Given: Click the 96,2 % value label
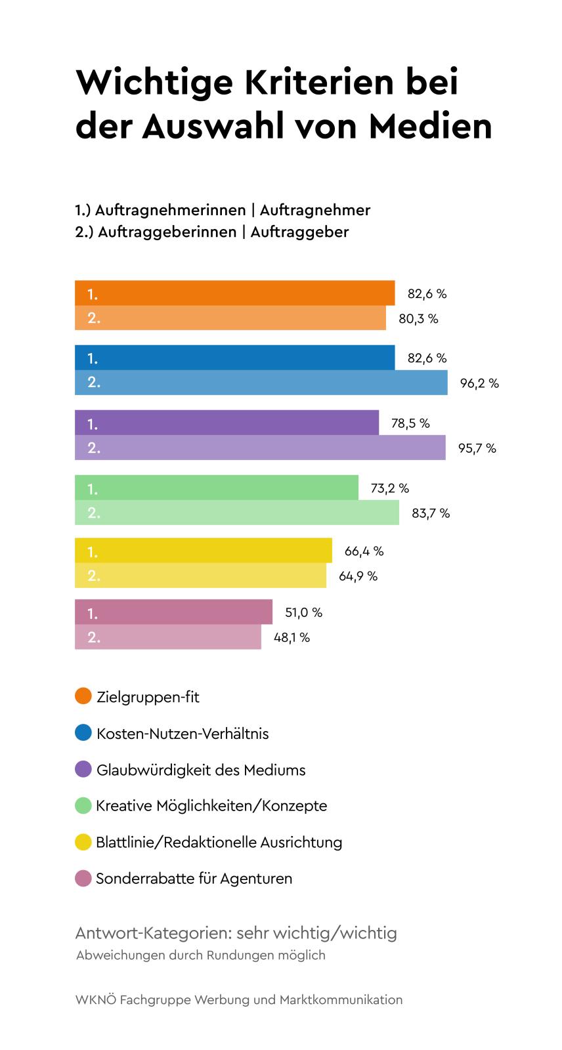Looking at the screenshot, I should point(479,383).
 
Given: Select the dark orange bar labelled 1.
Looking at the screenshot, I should point(234,293).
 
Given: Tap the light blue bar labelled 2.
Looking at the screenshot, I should point(261,383).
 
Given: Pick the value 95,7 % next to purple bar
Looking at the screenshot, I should point(477,449).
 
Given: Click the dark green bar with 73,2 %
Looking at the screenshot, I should point(216,488).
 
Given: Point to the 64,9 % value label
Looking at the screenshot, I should point(358,576).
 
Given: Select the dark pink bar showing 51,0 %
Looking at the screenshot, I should point(173,612).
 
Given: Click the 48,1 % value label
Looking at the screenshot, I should point(292,638).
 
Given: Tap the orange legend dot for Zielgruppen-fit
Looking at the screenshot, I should point(83,696).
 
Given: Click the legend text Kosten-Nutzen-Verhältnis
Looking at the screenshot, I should point(183,734).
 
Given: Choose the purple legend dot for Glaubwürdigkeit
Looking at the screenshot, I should point(83,769).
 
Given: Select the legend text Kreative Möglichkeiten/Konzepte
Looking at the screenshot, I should point(211,806).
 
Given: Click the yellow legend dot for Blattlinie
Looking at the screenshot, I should point(83,842).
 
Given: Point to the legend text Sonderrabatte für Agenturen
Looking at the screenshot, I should point(194,879).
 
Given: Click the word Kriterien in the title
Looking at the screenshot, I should point(318,83).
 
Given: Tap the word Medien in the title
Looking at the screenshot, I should point(430,126).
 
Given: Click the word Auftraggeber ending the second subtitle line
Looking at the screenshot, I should point(299,232).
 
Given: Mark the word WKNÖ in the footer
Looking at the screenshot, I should point(95,1000).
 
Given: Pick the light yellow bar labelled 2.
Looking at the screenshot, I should point(200,576).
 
